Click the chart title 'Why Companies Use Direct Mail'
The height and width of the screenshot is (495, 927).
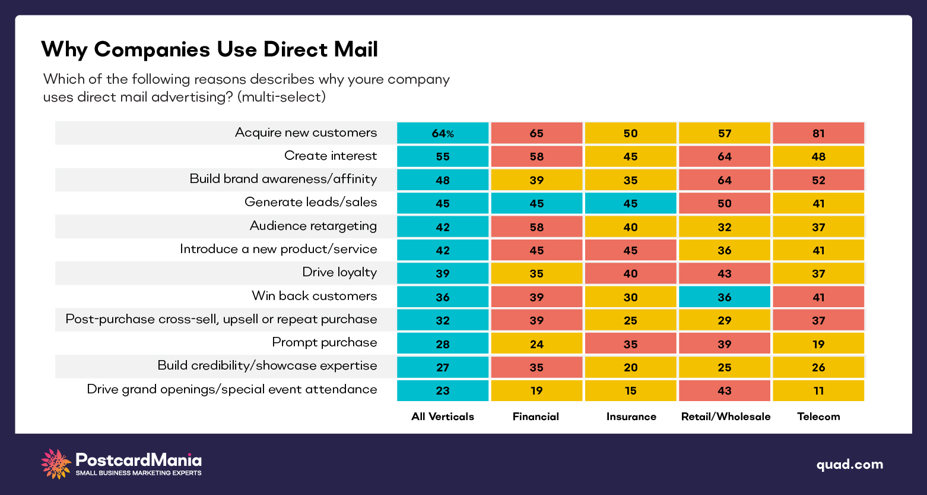(x=209, y=49)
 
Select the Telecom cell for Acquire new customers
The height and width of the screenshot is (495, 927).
(x=818, y=133)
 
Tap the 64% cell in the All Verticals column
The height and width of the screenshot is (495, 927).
(x=443, y=133)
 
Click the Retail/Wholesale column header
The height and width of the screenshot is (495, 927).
(x=725, y=417)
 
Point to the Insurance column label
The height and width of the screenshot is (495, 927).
(x=631, y=417)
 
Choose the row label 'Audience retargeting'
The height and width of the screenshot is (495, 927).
(x=313, y=226)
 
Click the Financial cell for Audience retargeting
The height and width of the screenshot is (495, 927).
(x=536, y=227)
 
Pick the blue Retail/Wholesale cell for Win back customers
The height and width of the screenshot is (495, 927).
(x=725, y=297)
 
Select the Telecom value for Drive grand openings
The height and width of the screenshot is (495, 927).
(x=818, y=390)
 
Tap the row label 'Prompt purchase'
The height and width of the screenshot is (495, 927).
(x=324, y=342)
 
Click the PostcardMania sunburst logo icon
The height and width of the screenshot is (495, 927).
(x=56, y=464)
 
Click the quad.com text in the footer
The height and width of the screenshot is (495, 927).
(x=849, y=465)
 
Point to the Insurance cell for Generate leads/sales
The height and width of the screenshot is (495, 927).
(x=630, y=203)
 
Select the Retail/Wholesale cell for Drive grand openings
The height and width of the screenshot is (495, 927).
(x=725, y=390)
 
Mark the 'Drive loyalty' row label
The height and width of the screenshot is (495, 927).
(x=339, y=272)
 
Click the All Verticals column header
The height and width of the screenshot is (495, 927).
(x=443, y=417)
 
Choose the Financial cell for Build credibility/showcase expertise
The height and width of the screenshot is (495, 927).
(x=536, y=367)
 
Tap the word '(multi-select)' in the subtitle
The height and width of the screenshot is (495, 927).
(x=281, y=96)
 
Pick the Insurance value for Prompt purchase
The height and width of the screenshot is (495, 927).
(x=630, y=344)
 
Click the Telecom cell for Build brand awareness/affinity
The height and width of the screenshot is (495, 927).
(x=818, y=180)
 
